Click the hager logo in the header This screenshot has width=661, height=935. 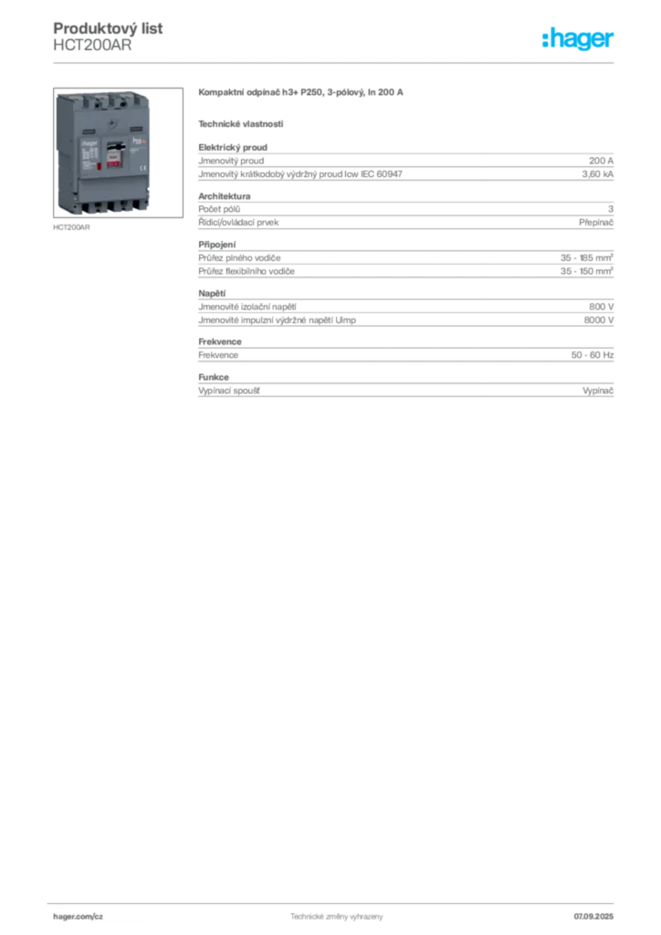click(577, 38)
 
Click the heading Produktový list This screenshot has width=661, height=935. click(108, 28)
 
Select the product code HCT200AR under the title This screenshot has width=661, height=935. click(92, 46)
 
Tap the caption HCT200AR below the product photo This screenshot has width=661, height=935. click(71, 227)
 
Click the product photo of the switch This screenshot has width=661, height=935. click(118, 152)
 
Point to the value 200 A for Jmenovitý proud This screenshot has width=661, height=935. click(601, 161)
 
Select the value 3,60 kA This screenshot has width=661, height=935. click(598, 174)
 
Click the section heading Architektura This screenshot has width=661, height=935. click(224, 196)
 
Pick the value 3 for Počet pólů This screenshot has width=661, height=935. click(611, 209)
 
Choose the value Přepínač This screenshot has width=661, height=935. click(596, 223)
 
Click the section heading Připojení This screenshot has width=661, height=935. click(217, 245)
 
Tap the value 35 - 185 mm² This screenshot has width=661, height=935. click(586, 257)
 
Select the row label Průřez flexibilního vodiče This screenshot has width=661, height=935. click(247, 271)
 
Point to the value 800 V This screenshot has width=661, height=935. click(601, 307)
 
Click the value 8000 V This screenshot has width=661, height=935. click(598, 320)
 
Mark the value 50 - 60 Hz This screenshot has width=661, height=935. click(592, 355)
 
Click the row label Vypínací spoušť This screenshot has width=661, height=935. click(229, 391)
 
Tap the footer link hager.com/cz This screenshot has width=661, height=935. click(79, 917)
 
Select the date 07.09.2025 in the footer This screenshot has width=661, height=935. click(593, 917)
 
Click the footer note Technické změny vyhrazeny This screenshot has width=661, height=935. click(337, 917)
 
